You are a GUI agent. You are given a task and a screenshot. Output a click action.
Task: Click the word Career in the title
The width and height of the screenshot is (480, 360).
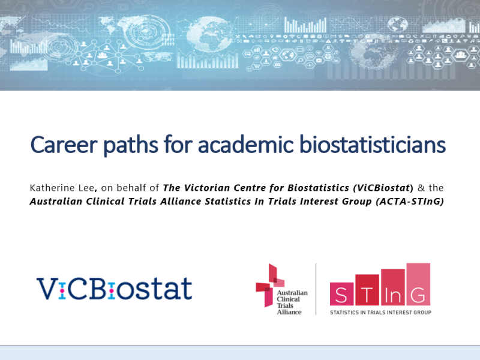64,145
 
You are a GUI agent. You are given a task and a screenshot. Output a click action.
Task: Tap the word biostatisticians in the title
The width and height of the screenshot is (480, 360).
372,144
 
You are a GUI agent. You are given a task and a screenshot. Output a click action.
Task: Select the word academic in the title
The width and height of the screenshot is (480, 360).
246,144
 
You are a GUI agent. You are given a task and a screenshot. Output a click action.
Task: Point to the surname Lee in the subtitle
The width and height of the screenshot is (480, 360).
86,188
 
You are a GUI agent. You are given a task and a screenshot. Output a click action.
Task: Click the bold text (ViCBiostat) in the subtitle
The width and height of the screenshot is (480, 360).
383,188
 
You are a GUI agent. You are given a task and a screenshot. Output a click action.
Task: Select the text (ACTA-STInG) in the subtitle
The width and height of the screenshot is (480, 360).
410,202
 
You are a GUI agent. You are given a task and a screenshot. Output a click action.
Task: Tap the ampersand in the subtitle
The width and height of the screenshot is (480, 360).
421,188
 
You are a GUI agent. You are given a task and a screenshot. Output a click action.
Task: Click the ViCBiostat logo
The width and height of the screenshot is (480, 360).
114,289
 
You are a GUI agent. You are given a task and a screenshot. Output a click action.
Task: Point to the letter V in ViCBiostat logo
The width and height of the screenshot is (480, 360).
47,289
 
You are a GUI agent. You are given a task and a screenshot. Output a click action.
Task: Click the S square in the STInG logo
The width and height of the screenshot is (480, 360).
342,293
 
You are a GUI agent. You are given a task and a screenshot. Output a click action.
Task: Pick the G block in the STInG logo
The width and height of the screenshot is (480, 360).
418,284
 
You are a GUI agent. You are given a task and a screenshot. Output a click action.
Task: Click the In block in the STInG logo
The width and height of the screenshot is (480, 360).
393,287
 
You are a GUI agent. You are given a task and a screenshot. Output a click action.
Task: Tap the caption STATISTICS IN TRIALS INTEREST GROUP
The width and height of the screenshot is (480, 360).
380,313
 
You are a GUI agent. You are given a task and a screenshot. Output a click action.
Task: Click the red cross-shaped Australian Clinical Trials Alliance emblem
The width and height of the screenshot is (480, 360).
270,284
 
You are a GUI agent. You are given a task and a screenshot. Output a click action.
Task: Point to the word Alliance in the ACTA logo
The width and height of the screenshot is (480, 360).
289,312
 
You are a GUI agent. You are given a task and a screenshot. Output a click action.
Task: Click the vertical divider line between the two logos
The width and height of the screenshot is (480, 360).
316,289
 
